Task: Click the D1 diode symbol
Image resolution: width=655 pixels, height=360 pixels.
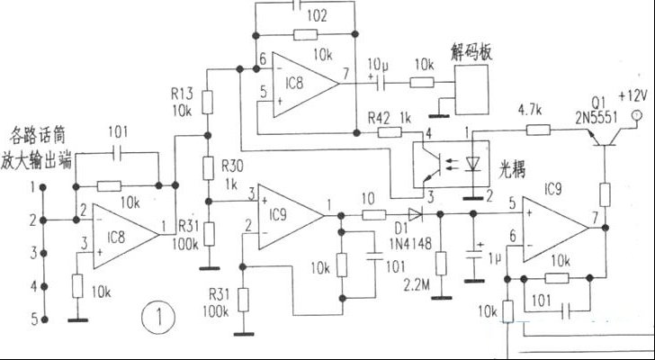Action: tap(414, 216)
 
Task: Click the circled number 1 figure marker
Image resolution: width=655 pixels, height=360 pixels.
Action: tap(159, 317)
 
